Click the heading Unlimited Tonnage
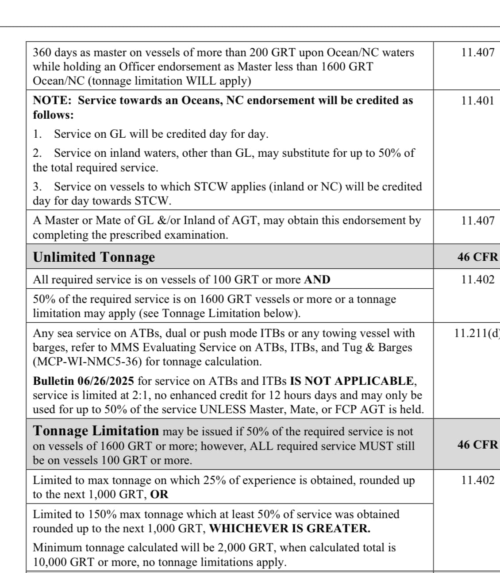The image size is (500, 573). [94, 257]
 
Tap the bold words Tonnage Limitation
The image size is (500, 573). [96, 430]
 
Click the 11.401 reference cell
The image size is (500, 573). [477, 100]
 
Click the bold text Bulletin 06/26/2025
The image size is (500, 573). [84, 381]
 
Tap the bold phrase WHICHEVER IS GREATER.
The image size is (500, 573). [289, 528]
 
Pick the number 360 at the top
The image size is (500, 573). [42, 52]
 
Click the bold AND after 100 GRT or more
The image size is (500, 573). [317, 279]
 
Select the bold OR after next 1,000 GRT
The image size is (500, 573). [159, 494]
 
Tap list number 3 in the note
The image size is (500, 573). [38, 186]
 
